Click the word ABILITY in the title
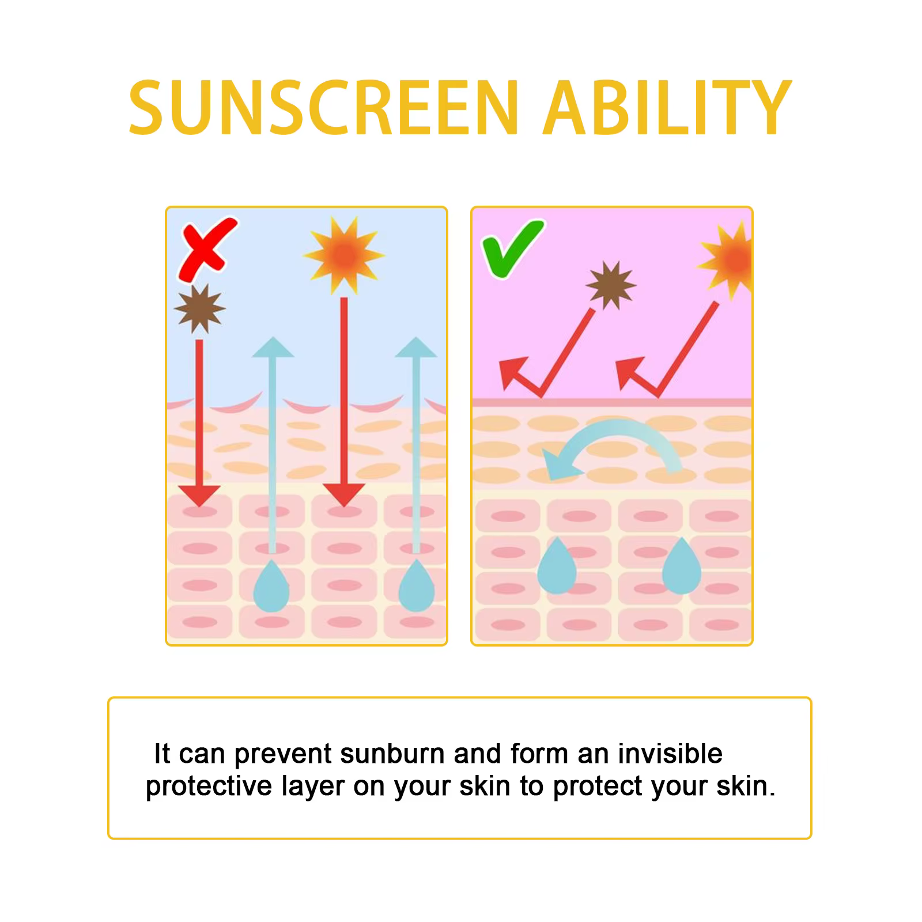click(666, 108)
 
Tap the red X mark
click(207, 249)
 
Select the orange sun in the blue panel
click(344, 255)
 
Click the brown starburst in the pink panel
click(611, 286)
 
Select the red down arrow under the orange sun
click(344, 402)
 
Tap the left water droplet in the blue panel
click(271, 585)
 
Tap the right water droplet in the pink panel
click(682, 566)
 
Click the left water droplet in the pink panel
click(557, 566)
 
